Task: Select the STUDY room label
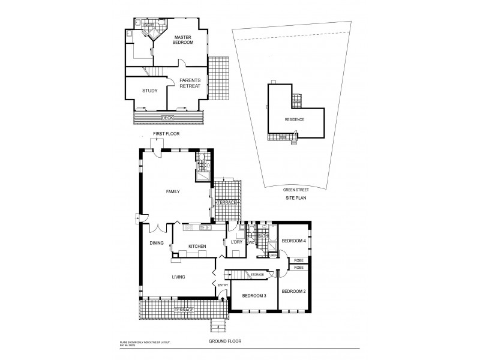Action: click(x=149, y=91)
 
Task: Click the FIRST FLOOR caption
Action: click(x=166, y=133)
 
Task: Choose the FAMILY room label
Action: click(x=173, y=191)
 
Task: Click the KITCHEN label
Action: click(x=197, y=247)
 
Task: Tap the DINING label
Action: click(x=157, y=243)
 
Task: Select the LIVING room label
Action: click(x=178, y=277)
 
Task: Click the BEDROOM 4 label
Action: click(x=294, y=241)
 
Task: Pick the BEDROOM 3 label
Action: click(x=254, y=296)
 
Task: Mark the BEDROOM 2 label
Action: click(x=294, y=291)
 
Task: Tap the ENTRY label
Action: click(x=223, y=285)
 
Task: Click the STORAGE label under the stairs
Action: click(x=257, y=274)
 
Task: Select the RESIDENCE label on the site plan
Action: click(x=295, y=119)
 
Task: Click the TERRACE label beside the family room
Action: click(x=226, y=202)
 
